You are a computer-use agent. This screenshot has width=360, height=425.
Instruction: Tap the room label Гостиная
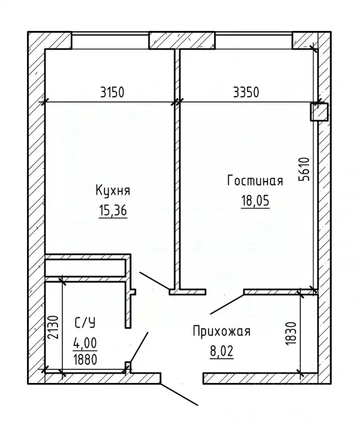pyautogui.click(x=255, y=181)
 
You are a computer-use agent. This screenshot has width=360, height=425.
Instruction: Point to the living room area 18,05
pyautogui.click(x=255, y=201)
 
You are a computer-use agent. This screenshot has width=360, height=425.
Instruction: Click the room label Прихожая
pyautogui.click(x=221, y=331)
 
